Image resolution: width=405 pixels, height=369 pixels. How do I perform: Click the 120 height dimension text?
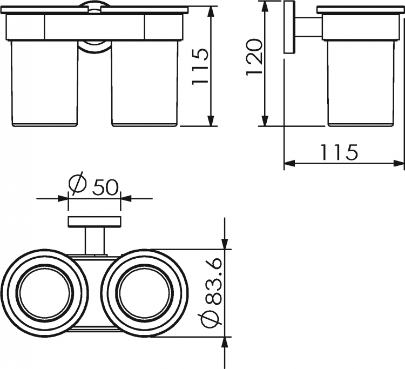[x=254, y=57]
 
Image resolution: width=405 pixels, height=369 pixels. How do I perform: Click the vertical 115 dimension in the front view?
[x=200, y=66]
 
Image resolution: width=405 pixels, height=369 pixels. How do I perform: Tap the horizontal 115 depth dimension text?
[x=339, y=152]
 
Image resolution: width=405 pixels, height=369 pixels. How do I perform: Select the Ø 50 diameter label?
[x=93, y=183]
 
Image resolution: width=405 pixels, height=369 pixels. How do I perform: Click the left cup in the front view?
[x=44, y=83]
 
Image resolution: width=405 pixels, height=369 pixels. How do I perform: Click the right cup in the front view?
[x=145, y=83]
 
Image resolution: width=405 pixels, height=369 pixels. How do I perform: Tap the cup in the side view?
[x=361, y=83]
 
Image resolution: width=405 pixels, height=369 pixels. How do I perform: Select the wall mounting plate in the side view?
[x=289, y=27]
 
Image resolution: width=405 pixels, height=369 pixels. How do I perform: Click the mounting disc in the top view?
[x=94, y=222]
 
